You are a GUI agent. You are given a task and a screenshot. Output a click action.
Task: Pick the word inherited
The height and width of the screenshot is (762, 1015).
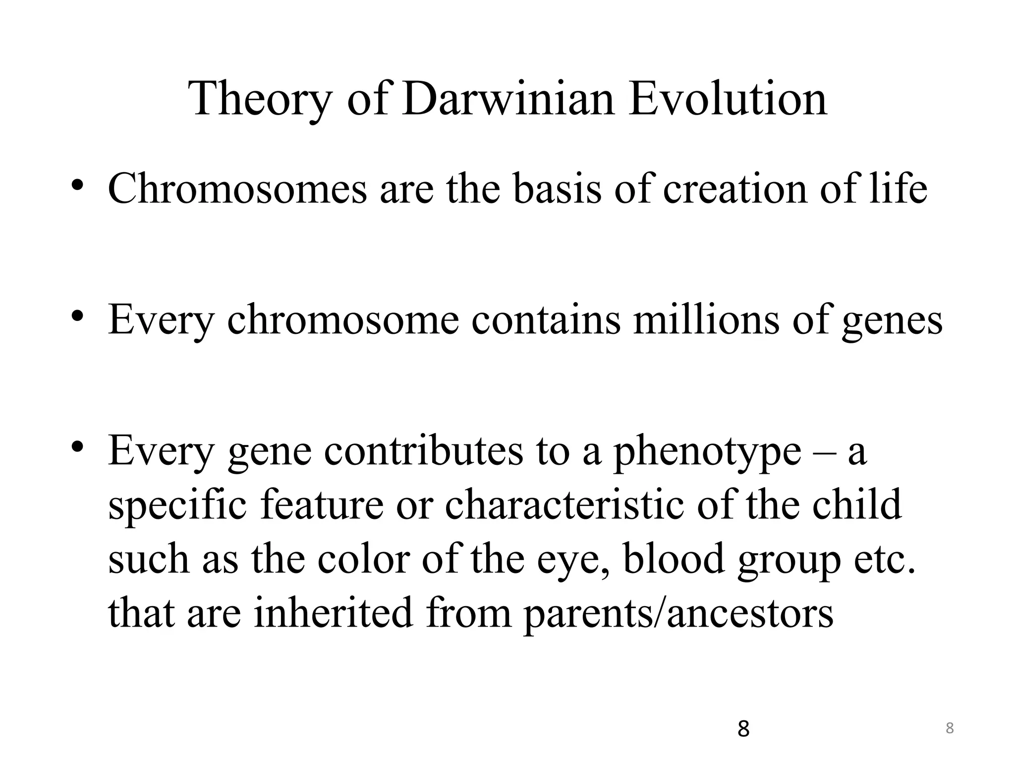click(x=333, y=612)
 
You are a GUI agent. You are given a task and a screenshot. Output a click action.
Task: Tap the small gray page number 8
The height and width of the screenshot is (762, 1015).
click(x=950, y=728)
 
